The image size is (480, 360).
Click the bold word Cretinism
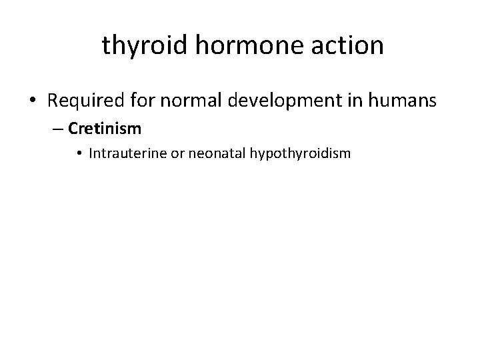click(104, 128)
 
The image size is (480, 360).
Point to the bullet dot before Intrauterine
click(79, 154)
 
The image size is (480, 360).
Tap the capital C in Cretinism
click(73, 128)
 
